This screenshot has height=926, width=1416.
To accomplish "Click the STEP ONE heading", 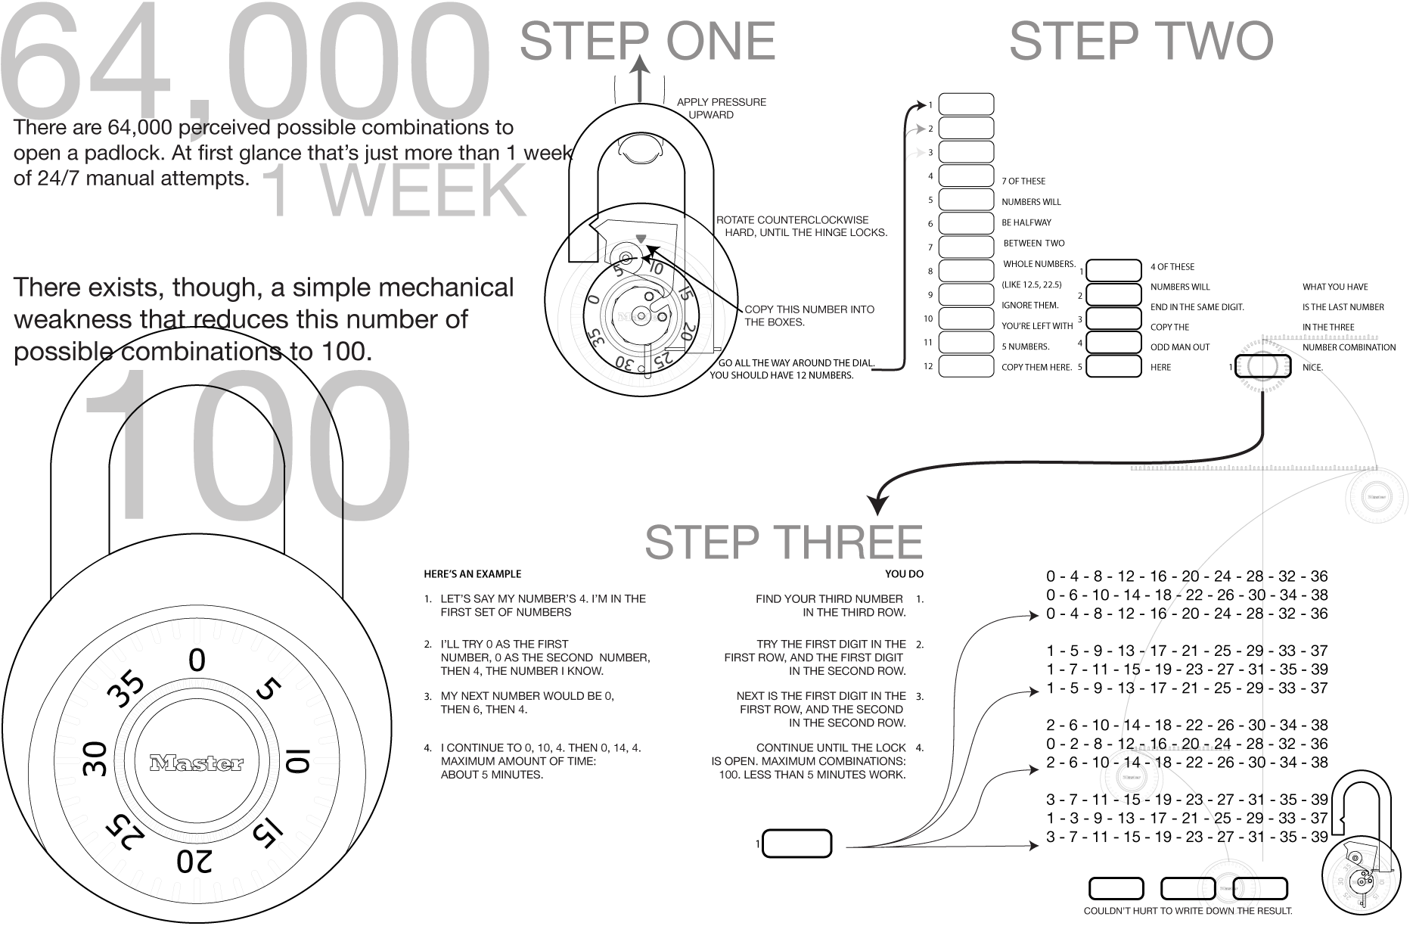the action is click(647, 41).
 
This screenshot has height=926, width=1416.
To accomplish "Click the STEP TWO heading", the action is click(1141, 41).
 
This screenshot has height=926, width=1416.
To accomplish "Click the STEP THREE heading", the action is click(784, 542).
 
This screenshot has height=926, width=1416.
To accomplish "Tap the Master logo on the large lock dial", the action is click(197, 763).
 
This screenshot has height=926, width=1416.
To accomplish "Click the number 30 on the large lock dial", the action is click(95, 760).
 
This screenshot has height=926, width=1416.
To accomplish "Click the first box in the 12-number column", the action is click(966, 104).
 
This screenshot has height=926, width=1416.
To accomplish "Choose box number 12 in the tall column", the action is click(966, 366).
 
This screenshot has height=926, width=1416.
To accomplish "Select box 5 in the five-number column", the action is click(1113, 366).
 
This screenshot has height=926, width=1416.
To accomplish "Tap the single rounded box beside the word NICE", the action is click(1262, 367).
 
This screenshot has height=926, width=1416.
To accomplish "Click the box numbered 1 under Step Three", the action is click(797, 844).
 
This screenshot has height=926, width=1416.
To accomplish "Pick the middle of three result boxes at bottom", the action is click(1188, 889).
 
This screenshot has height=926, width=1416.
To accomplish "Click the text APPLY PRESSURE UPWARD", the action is click(722, 108).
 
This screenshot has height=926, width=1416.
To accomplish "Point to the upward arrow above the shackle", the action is click(641, 79).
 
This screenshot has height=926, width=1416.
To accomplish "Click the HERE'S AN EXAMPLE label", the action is click(473, 573).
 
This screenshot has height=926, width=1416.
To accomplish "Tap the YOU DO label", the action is click(905, 573).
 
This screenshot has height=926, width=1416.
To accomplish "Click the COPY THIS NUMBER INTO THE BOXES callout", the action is click(809, 315).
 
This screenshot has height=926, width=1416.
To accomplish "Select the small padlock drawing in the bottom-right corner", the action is click(1362, 844).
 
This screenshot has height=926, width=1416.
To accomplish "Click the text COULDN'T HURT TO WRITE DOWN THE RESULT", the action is click(1188, 911).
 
